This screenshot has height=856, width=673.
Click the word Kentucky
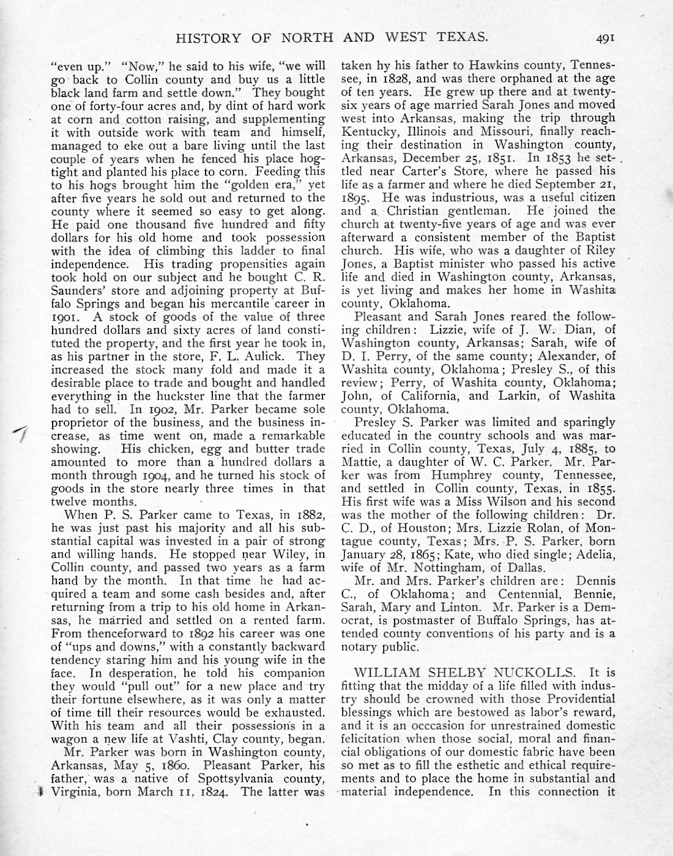tap(366, 131)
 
